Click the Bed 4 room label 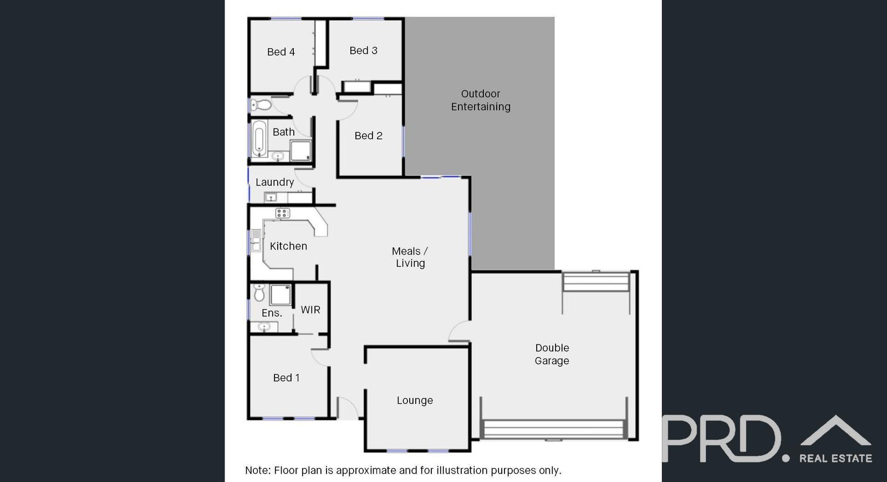pyautogui.click(x=281, y=52)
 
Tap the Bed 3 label pyautogui.click(x=363, y=50)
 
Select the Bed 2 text pyautogui.click(x=368, y=136)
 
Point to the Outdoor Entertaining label pyautogui.click(x=481, y=100)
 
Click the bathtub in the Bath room pyautogui.click(x=259, y=138)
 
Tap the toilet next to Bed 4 pyautogui.click(x=261, y=104)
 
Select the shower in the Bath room pyautogui.click(x=300, y=150)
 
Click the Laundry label pyautogui.click(x=274, y=182)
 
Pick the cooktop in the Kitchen pyautogui.click(x=283, y=213)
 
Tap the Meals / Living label pyautogui.click(x=410, y=257)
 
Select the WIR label pyautogui.click(x=310, y=310)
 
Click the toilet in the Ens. pyautogui.click(x=259, y=292)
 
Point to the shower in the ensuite pyautogui.click(x=281, y=295)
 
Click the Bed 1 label pyautogui.click(x=286, y=378)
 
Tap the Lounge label pyautogui.click(x=415, y=400)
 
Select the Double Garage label pyautogui.click(x=552, y=354)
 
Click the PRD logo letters pyautogui.click(x=721, y=439)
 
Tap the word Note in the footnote pyautogui.click(x=257, y=470)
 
